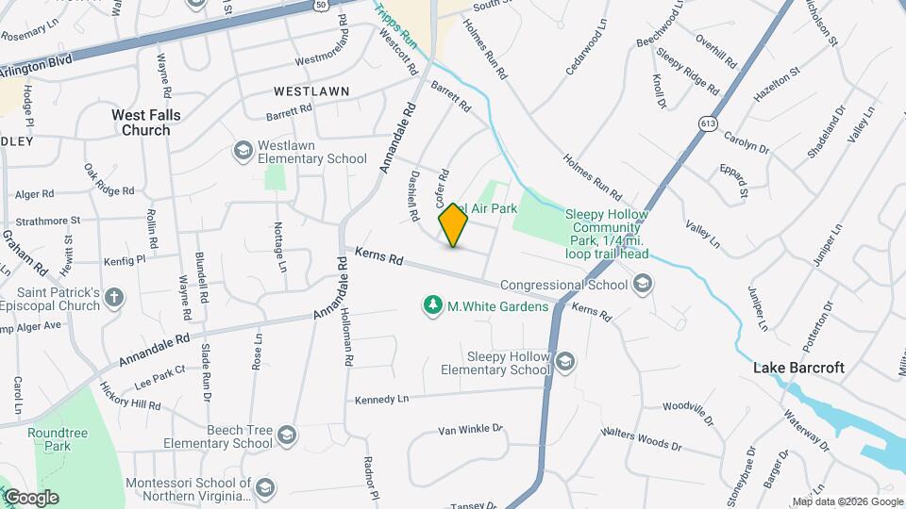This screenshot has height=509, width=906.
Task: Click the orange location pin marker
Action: tap(453, 225)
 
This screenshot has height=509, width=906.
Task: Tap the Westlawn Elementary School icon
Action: tap(243, 151)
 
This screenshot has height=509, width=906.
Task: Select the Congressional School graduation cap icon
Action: tap(643, 284)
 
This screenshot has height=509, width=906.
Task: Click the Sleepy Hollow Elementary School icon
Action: tap(564, 362)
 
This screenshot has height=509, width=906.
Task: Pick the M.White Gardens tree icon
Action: tap(432, 305)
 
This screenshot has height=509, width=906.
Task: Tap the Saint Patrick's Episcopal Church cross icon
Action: tap(114, 298)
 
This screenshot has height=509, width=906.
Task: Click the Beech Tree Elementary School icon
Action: tap(287, 435)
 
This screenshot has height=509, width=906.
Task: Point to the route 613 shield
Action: tap(706, 123)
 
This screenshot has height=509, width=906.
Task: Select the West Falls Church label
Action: tap(146, 123)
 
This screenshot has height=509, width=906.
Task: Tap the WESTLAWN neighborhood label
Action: tap(311, 91)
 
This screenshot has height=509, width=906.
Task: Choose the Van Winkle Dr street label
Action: tap(470, 430)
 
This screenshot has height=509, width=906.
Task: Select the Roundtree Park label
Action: tap(49, 438)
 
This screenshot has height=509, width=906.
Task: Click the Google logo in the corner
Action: tap(30, 498)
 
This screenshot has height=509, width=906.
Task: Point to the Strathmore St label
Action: tap(48, 221)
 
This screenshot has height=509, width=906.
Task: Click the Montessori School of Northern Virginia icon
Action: tap(265, 486)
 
